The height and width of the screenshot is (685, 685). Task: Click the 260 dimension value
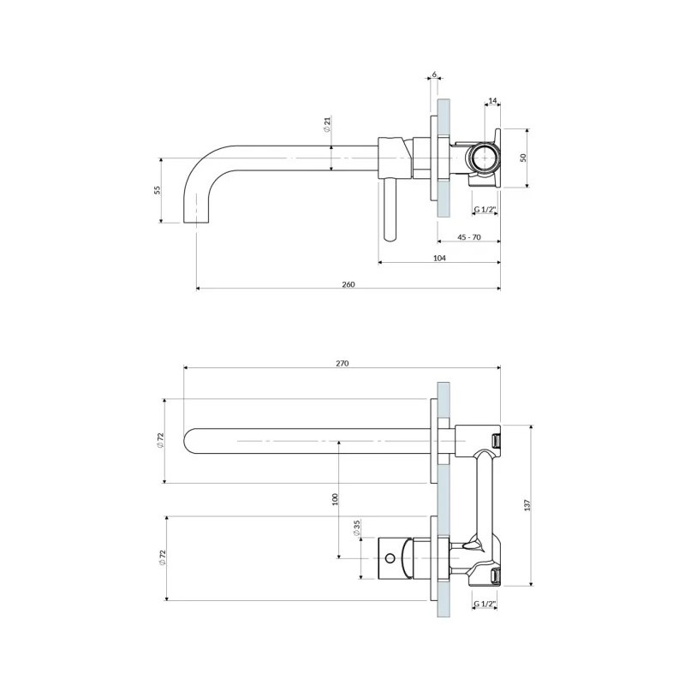[x=348, y=284]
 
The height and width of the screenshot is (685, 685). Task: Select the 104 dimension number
[x=439, y=259]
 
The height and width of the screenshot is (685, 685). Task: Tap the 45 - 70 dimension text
[x=468, y=237]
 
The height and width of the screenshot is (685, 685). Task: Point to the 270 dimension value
[x=342, y=363]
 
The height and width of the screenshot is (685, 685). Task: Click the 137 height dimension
[x=527, y=505]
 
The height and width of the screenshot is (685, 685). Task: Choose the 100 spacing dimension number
[x=335, y=499]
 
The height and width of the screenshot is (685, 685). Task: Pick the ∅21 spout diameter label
[x=328, y=124]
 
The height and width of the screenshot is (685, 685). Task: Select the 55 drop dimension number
[x=158, y=190]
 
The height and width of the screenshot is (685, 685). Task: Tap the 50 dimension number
[x=523, y=158]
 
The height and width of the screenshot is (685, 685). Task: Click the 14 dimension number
[x=492, y=101]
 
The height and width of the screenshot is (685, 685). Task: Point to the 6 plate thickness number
[x=434, y=74]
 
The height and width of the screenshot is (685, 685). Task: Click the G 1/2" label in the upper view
[x=485, y=210]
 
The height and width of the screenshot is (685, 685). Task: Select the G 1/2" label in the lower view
[x=485, y=604]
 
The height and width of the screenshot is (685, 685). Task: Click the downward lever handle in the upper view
[x=390, y=210]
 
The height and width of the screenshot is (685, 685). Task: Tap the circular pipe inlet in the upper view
[x=483, y=158]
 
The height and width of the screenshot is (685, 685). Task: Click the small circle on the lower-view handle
[x=390, y=558]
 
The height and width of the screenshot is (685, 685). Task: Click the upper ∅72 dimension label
[x=160, y=440]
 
